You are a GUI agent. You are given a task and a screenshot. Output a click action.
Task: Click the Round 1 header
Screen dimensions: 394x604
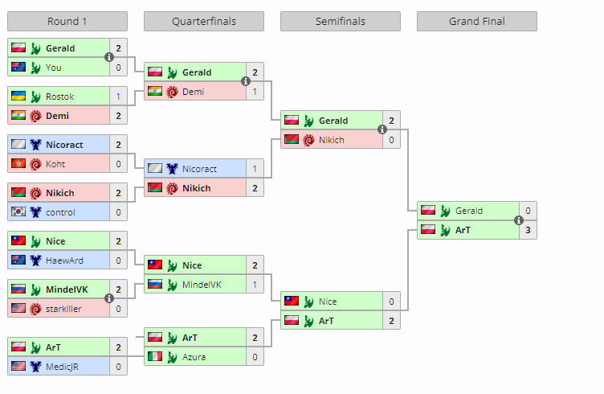coord(67,22)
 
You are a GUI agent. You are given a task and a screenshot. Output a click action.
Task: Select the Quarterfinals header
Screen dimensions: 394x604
coord(204,22)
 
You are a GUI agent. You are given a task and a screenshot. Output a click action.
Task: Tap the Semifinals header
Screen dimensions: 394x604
coord(341,22)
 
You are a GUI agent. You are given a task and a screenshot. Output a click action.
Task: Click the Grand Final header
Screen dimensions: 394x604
coord(477,22)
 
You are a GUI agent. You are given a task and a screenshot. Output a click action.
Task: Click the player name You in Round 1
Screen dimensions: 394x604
coord(54,68)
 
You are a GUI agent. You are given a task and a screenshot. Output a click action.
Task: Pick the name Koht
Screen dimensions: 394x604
coord(55,164)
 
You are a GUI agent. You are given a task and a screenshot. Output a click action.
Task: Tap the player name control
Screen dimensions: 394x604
coord(60,212)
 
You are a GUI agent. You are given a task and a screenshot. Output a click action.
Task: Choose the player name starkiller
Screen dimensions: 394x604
coord(63,309)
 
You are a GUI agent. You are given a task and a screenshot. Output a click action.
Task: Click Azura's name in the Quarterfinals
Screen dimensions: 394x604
coord(194,357)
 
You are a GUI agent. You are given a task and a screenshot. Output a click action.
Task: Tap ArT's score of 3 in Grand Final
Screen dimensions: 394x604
coord(528,230)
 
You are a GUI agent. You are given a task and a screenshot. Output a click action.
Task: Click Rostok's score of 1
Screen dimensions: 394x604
coord(118,96)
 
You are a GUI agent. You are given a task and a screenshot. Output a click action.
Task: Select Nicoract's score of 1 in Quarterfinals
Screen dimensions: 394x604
coord(255,169)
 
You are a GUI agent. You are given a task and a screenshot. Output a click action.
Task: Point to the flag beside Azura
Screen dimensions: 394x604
coord(154,357)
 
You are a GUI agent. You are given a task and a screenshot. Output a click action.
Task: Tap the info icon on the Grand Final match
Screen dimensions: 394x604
coord(519,220)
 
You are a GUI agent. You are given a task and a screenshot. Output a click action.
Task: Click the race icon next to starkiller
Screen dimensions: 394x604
coord(35,309)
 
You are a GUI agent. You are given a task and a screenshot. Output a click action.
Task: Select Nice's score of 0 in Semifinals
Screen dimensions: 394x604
coord(391,302)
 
